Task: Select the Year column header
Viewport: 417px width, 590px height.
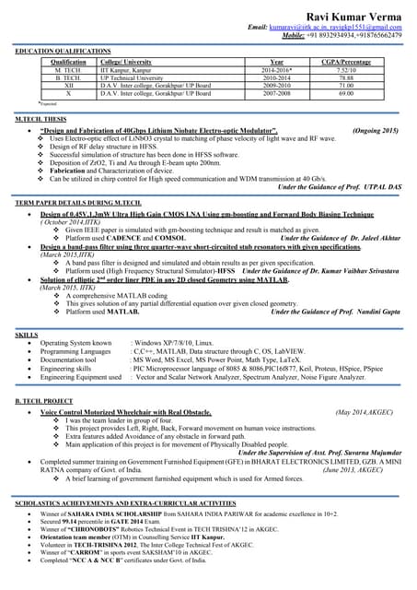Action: (x=275, y=63)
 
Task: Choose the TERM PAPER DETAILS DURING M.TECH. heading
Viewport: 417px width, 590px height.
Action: (x=77, y=202)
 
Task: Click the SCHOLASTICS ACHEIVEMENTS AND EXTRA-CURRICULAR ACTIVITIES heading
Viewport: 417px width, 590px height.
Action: (x=125, y=501)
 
